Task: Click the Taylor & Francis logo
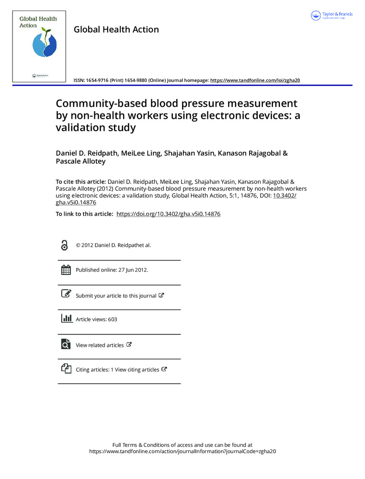pyautogui.click(x=331, y=15)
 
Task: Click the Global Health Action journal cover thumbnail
pyautogui.click(x=38, y=46)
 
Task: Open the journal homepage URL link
pyautogui.click(x=255, y=80)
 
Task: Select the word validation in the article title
pyautogui.click(x=82, y=128)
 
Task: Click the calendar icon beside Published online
pyautogui.click(x=66, y=270)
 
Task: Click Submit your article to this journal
pyautogui.click(x=116, y=296)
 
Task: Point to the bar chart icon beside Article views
pyautogui.click(x=66, y=319)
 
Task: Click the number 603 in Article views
pyautogui.click(x=113, y=319)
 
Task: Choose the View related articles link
pyautogui.click(x=100, y=345)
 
